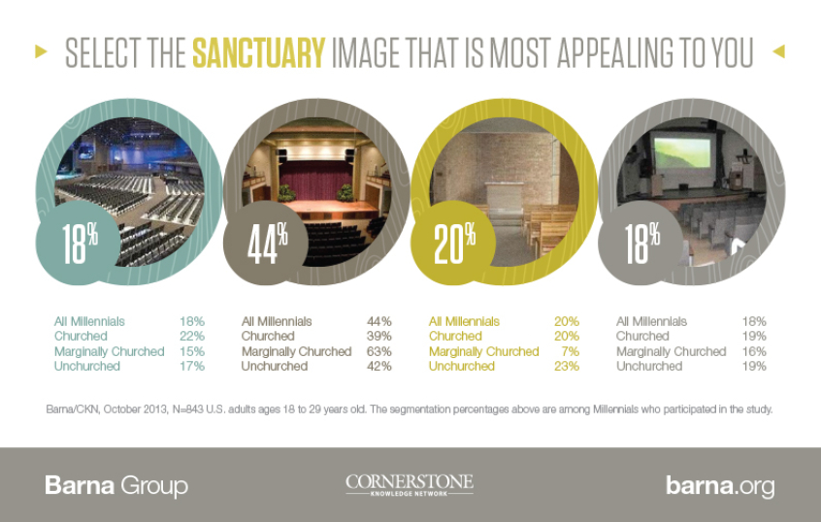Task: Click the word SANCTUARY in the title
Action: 257,52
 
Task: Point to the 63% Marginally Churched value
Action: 378,351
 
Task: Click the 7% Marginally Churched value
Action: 571,351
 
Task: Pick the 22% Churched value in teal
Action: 191,336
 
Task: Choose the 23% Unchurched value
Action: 566,366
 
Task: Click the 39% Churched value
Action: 378,336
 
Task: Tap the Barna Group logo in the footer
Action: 116,485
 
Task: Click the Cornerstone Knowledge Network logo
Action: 410,484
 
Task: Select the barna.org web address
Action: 719,485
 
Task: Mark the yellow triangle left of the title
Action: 41,52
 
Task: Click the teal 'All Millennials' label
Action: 89,321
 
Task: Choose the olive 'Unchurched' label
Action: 461,366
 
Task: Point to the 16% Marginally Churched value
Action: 754,351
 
